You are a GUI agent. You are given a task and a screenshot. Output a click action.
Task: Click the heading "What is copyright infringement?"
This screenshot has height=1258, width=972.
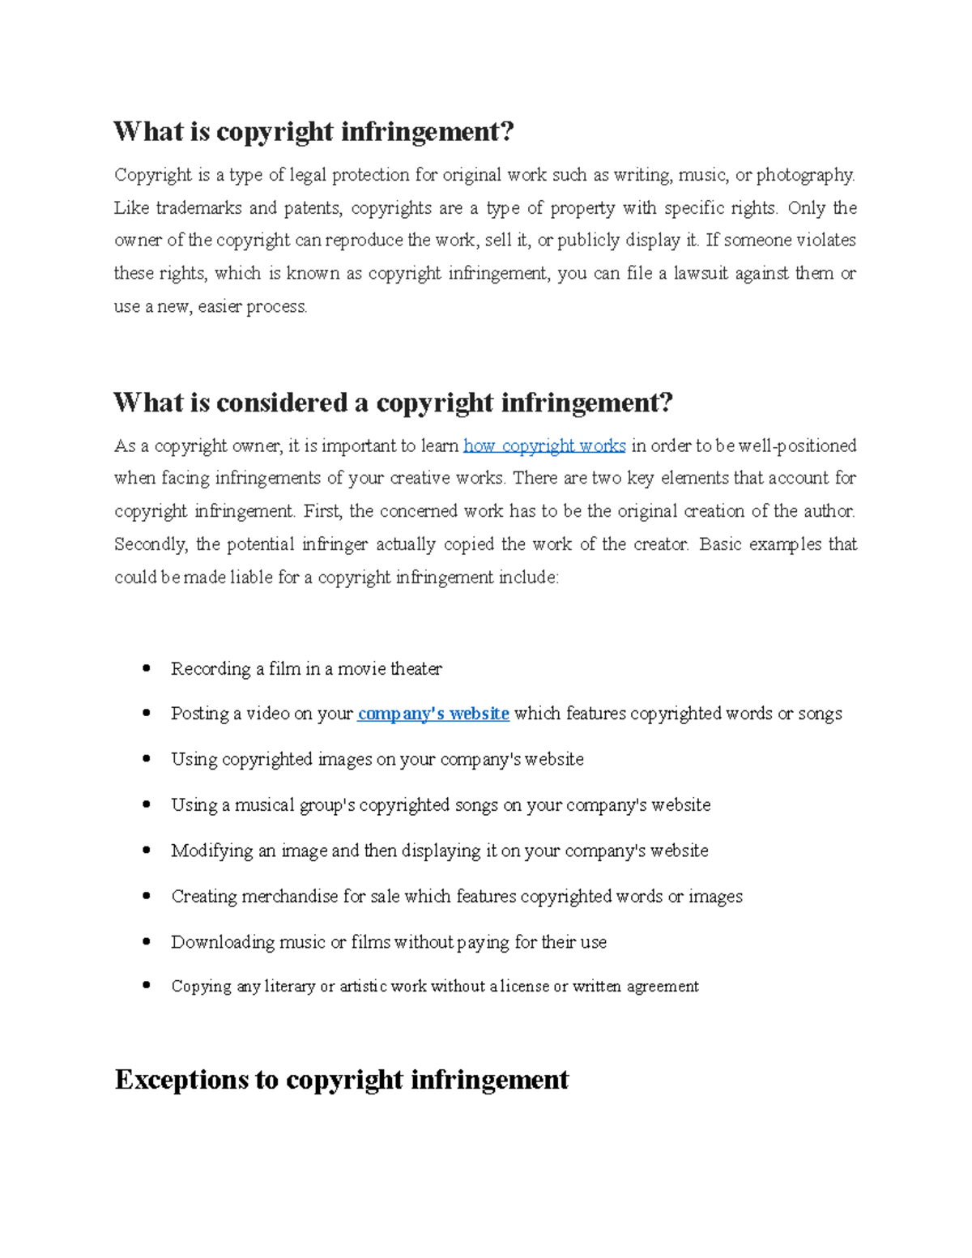(x=313, y=131)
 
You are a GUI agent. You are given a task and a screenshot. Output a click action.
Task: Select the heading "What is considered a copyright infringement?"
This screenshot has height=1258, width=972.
(x=393, y=403)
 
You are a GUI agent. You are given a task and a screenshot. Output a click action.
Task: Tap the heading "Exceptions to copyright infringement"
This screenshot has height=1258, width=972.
(x=341, y=1080)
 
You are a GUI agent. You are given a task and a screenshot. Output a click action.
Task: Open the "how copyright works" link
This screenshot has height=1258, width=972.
(x=544, y=446)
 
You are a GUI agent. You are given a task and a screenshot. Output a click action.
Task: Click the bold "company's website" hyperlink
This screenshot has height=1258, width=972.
(x=433, y=714)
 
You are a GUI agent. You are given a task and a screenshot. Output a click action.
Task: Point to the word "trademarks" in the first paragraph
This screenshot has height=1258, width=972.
(x=198, y=208)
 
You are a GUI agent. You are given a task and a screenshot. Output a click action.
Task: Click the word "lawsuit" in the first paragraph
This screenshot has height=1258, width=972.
(x=701, y=274)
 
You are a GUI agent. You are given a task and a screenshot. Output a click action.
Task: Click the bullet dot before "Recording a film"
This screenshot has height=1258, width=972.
(x=147, y=668)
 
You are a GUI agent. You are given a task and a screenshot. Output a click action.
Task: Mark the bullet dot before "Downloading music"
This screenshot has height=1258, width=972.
(x=147, y=941)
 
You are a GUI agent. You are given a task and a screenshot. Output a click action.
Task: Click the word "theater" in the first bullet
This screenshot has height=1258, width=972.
(x=416, y=669)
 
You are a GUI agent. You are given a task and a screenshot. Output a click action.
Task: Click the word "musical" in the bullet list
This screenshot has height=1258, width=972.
(x=264, y=805)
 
